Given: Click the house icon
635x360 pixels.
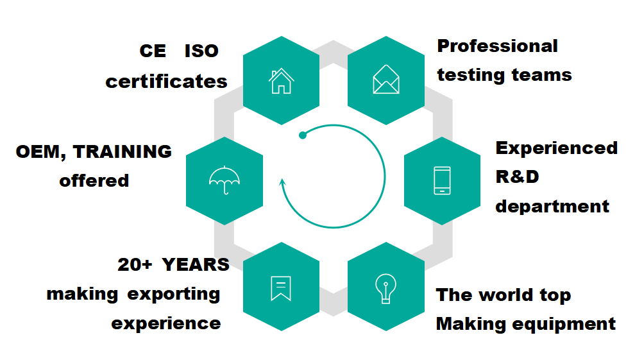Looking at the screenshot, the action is [x=281, y=81].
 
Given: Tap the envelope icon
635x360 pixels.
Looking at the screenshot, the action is [x=386, y=79].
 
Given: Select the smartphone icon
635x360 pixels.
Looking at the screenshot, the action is [x=442, y=180].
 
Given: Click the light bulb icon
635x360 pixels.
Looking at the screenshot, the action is [x=385, y=289].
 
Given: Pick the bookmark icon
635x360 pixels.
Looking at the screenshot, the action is [x=281, y=288].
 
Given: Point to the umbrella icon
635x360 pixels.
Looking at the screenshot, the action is [x=224, y=180].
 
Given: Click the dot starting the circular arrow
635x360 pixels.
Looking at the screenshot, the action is [x=303, y=135].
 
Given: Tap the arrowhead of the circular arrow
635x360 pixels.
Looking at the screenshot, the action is [x=283, y=182].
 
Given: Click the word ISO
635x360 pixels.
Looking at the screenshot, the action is [x=201, y=51].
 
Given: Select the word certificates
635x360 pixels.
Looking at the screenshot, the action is [x=166, y=81].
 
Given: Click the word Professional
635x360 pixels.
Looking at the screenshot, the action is [x=498, y=46].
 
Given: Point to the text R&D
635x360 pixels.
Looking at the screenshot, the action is [x=517, y=177].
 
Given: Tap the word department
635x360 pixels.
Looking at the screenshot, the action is [x=552, y=207].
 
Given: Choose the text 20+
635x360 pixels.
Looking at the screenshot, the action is [x=135, y=265].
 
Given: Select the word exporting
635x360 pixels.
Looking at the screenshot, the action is [x=174, y=295].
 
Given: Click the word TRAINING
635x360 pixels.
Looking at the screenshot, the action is [x=123, y=152].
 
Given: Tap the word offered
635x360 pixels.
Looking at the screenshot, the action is [x=94, y=180].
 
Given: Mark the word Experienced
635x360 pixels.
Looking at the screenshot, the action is [x=557, y=149].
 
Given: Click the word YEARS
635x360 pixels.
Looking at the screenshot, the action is [x=196, y=265].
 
